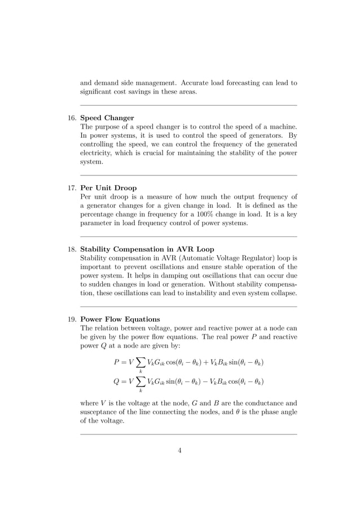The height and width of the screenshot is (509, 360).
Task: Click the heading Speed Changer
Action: (x=107, y=118)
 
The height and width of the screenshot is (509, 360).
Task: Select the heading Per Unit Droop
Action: (x=108, y=187)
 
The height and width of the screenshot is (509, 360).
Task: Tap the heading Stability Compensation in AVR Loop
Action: (x=147, y=249)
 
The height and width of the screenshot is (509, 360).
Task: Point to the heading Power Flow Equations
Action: (x=120, y=319)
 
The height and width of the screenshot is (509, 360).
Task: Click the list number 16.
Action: (x=72, y=118)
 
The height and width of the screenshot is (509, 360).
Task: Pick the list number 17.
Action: (x=72, y=187)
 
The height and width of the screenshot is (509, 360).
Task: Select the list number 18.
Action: (x=72, y=249)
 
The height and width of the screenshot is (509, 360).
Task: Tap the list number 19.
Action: (x=72, y=319)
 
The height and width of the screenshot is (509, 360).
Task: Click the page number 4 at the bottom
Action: (x=180, y=450)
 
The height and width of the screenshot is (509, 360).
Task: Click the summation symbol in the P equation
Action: (x=140, y=362)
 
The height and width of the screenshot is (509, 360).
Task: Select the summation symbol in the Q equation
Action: (x=140, y=381)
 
